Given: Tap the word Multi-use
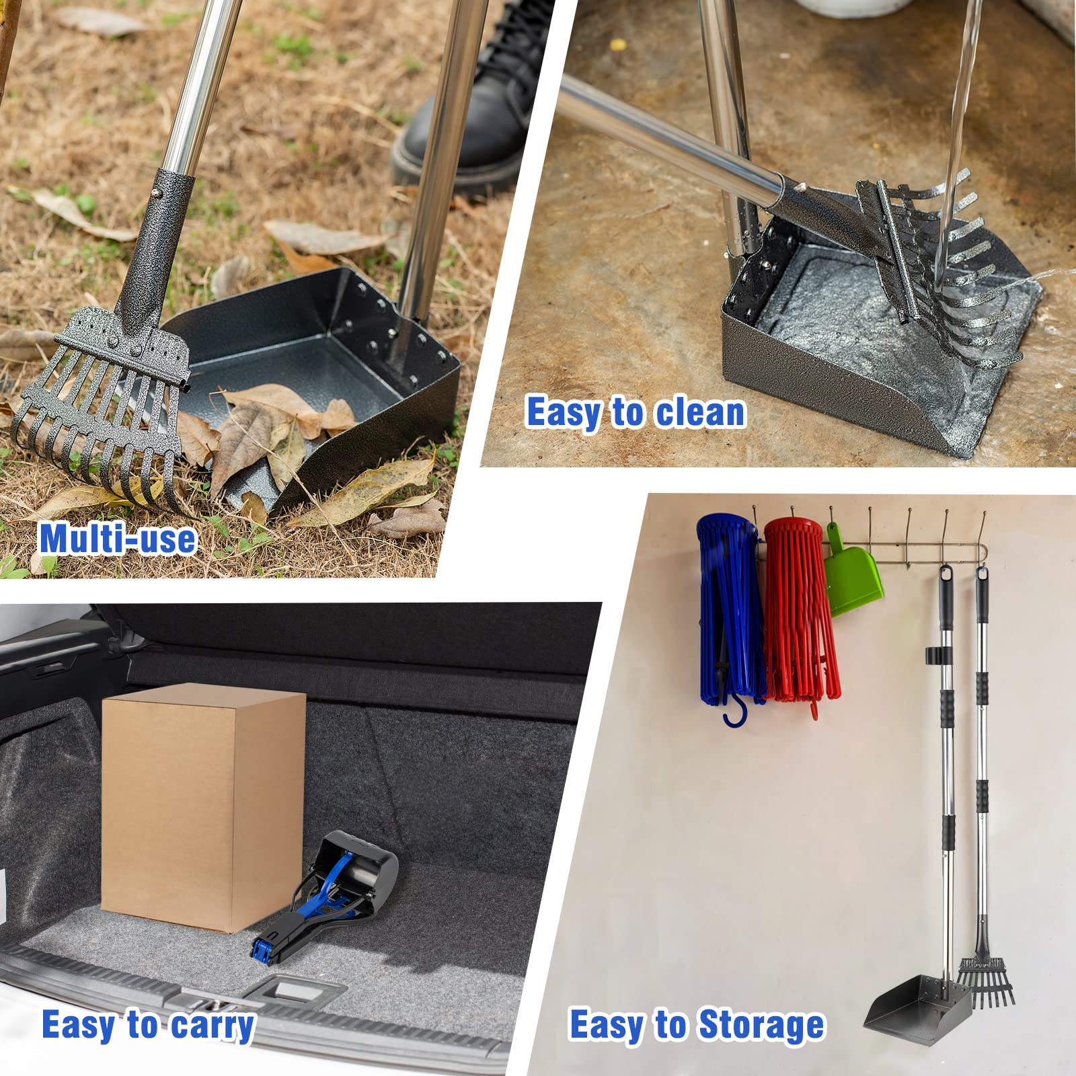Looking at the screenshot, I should pos(117,539).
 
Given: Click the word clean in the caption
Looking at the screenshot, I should pos(700,412).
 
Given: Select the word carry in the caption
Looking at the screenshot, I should pos(213,1025).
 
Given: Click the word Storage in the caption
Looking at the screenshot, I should pos(761,1025).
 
